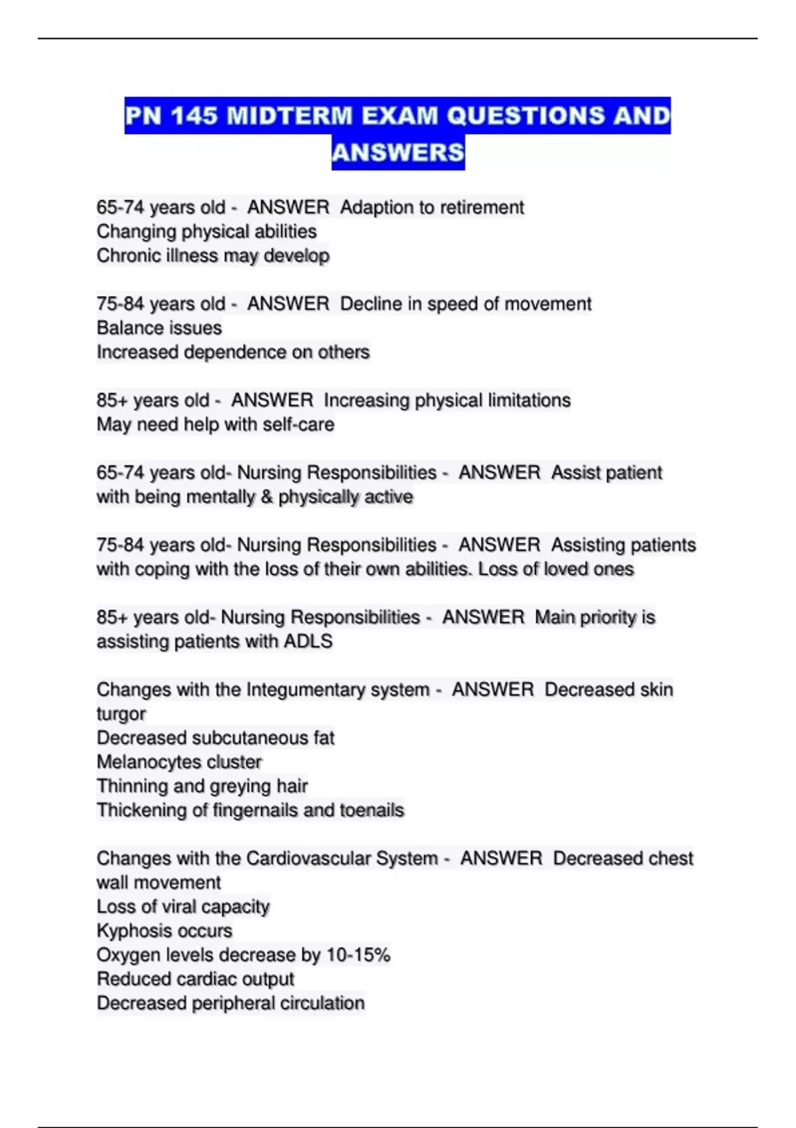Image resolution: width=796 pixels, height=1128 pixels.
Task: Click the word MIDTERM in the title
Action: [289, 116]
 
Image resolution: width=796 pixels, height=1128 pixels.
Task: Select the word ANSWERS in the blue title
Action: [398, 153]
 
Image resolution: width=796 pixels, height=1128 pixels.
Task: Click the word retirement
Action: [482, 208]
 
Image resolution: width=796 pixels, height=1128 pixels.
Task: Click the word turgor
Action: [121, 714]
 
